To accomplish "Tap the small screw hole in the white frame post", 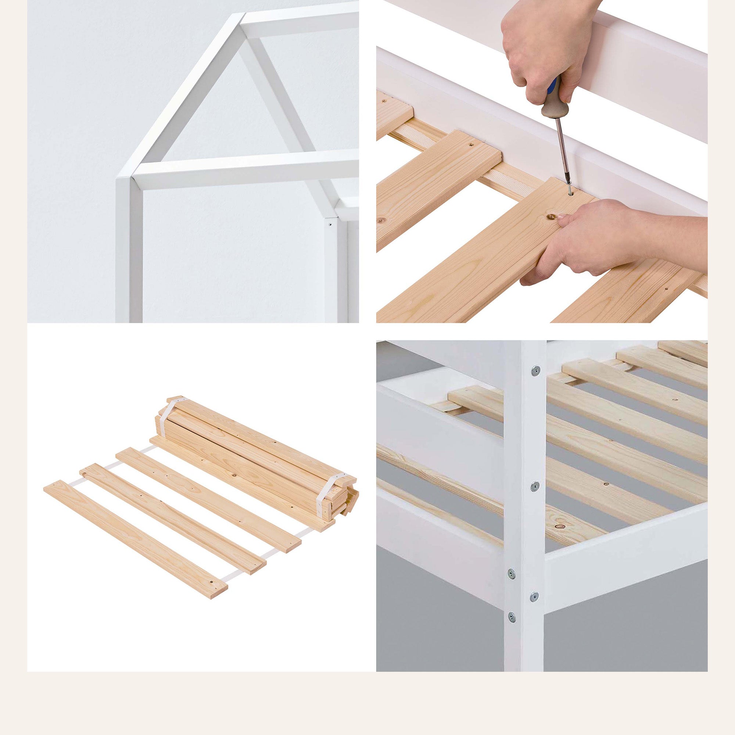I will click(x=331, y=225).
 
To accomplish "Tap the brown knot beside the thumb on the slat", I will click(x=550, y=217).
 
